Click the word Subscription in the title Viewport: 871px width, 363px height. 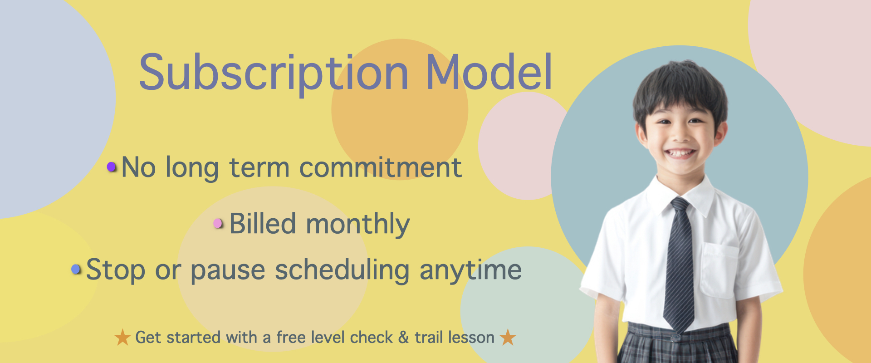pyautogui.click(x=274, y=73)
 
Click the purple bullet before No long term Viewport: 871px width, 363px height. pyautogui.click(x=112, y=167)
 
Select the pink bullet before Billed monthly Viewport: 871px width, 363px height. pyautogui.click(x=218, y=223)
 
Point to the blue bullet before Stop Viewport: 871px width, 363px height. pyautogui.click(x=76, y=270)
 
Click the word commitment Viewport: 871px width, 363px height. pyautogui.click(x=381, y=167)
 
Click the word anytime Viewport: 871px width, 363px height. pyautogui.click(x=471, y=271)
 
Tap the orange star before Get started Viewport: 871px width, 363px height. pyautogui.click(x=122, y=337)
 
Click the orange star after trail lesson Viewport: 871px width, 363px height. pyautogui.click(x=508, y=337)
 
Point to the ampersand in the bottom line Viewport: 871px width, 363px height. pyautogui.click(x=404, y=338)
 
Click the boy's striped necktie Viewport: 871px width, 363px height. pyautogui.click(x=679, y=263)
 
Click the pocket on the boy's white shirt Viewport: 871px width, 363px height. pyautogui.click(x=719, y=270)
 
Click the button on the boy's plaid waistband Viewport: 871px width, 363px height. pyautogui.click(x=675, y=337)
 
